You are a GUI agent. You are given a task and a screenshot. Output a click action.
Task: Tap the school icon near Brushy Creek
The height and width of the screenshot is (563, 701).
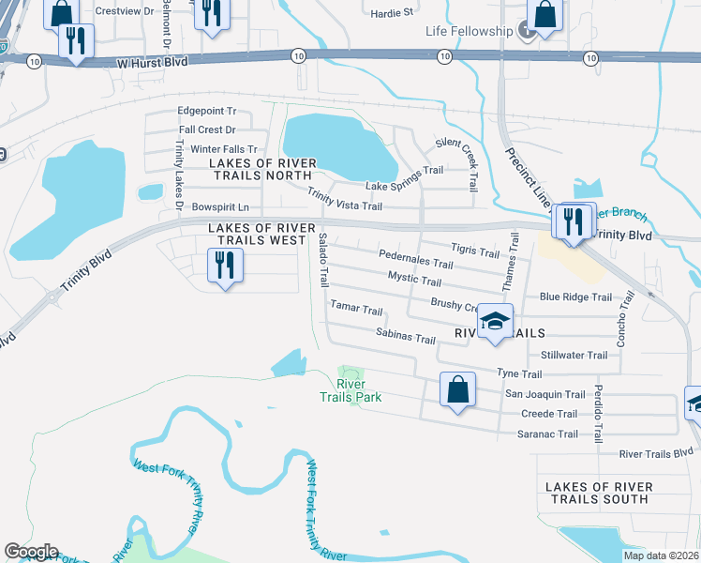494,323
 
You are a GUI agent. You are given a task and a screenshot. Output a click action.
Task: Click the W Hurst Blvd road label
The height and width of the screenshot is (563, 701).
153,61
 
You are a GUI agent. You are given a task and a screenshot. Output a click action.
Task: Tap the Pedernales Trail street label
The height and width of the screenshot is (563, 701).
415,260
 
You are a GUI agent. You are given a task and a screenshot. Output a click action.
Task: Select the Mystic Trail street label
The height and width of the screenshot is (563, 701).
414,280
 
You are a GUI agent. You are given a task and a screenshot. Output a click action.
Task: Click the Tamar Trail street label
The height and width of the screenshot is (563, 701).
356,309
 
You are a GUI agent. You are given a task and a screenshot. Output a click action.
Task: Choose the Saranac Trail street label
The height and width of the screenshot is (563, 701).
547,434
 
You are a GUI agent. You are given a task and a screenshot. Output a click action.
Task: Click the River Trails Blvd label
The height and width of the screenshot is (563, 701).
656,454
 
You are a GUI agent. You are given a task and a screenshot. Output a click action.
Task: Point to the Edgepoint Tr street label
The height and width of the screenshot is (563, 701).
207,111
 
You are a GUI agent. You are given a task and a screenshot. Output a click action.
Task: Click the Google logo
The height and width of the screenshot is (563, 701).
31,552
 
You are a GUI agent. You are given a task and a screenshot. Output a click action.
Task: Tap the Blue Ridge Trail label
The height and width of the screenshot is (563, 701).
575,297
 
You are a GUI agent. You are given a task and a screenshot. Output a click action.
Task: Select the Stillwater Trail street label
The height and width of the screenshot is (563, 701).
574,355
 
